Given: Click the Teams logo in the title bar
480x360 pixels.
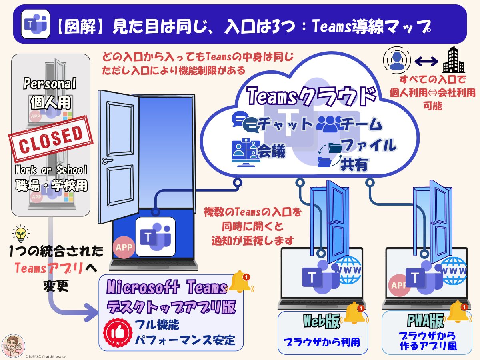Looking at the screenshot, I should click(x=35, y=24).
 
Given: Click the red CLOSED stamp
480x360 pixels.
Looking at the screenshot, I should click(x=51, y=138).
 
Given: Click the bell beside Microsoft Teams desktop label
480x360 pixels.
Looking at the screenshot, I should click(x=241, y=282).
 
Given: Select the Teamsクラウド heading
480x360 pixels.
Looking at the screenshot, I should click(x=312, y=96).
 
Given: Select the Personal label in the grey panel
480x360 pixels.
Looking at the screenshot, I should click(x=50, y=84).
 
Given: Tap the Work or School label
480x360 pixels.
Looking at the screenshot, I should click(x=51, y=170).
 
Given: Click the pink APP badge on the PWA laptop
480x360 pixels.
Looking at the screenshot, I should click(x=397, y=285).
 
